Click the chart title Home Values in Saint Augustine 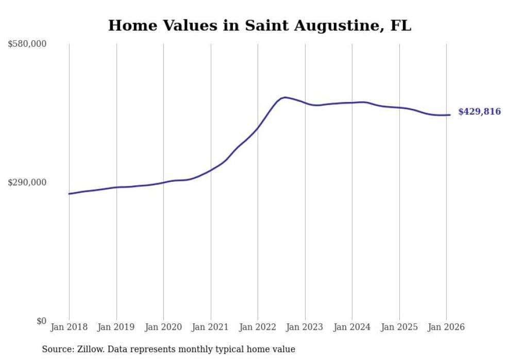(260, 26)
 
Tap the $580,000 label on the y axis (27, 44)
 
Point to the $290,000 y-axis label (27, 182)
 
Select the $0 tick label (41, 321)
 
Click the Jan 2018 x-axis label (69, 328)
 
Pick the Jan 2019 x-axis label (116, 328)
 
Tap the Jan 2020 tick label (163, 328)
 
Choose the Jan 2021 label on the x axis (210, 328)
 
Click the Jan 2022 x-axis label (258, 328)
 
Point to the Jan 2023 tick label (305, 328)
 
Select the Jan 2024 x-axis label (352, 328)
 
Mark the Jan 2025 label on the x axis (399, 328)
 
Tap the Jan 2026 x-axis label (446, 328)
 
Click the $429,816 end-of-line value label (479, 112)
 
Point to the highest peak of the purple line (285, 97)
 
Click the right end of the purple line (450, 115)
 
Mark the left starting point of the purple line (69, 194)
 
